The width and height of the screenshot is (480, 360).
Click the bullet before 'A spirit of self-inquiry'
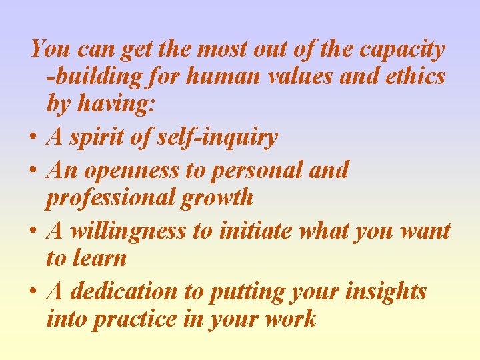(33, 139)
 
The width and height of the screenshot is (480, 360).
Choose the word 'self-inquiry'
(219, 137)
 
